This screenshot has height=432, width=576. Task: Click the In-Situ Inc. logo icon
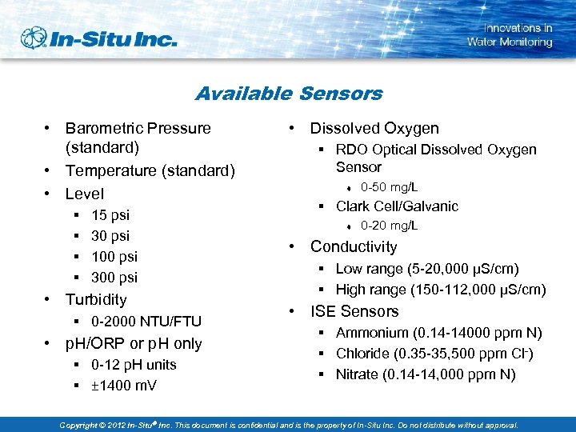point(34,38)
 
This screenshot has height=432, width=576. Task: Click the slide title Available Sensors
point(289,94)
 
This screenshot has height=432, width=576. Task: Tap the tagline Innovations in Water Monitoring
point(510,34)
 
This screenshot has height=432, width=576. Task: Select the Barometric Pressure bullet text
point(138,138)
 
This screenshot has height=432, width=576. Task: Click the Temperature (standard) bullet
point(150,170)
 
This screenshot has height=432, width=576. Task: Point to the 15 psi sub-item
point(110,214)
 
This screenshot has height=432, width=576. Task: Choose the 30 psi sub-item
point(110,235)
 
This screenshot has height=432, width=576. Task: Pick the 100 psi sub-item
point(114,256)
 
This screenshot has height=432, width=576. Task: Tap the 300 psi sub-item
point(114,277)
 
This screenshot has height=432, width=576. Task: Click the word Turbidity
point(96,299)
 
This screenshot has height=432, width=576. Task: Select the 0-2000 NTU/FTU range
point(146,322)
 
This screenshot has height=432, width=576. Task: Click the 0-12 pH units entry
point(134,364)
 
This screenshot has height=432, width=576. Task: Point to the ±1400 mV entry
point(124,386)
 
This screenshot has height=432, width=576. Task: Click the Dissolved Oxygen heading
point(374,128)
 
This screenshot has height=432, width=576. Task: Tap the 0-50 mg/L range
point(389,187)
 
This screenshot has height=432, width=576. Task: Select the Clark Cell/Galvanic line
point(397,206)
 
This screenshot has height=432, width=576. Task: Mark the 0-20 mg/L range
point(389,226)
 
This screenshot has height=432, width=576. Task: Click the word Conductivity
point(354,246)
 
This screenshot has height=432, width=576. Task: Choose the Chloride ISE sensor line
point(425,354)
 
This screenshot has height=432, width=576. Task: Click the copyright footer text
point(289,425)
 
